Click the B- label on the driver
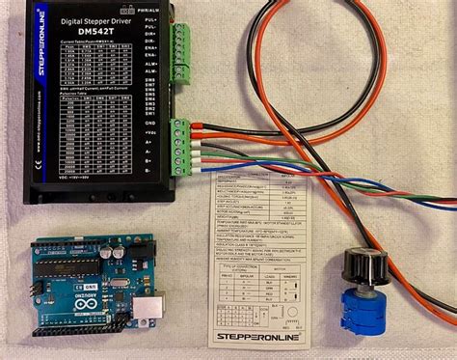tap(149, 164)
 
